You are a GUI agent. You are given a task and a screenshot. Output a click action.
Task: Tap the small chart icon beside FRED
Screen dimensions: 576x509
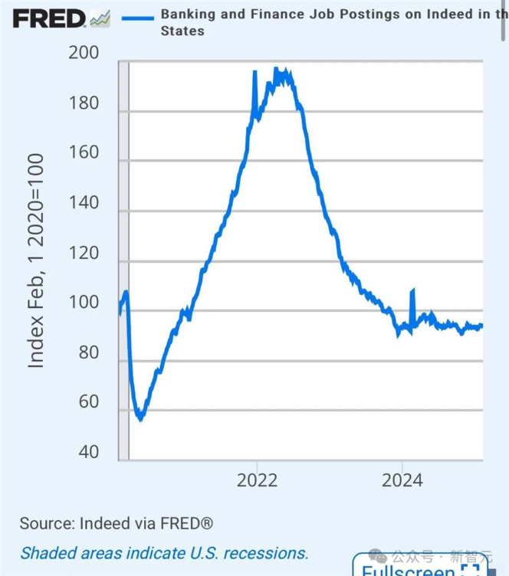coord(100,18)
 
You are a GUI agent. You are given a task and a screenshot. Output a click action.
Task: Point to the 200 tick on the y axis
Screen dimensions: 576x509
coord(84,53)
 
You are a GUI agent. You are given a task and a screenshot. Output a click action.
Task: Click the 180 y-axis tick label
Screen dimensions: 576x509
coord(84,103)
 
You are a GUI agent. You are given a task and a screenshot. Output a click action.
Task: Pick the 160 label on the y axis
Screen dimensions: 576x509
coord(84,152)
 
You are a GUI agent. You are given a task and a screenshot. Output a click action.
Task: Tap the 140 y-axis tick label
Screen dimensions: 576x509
coord(84,203)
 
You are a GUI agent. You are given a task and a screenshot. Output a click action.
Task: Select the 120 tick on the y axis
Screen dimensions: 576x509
coord(84,253)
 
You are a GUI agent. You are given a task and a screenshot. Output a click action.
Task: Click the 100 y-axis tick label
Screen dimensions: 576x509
coord(84,303)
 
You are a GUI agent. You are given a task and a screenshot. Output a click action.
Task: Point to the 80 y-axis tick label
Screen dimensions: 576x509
coord(89,352)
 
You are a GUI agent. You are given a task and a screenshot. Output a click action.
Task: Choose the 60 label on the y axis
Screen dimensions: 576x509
coord(89,402)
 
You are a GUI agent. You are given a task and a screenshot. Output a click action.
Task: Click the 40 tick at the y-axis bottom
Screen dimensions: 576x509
coord(89,452)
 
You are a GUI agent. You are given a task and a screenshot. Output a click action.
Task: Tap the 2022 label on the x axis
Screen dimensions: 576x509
coord(258,480)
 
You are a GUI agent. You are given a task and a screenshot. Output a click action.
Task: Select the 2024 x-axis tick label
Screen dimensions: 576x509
coord(402,480)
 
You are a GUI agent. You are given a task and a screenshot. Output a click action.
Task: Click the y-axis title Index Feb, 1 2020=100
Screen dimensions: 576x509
coord(36,260)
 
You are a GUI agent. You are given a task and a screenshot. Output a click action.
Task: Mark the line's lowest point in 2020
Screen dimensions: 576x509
coord(140,418)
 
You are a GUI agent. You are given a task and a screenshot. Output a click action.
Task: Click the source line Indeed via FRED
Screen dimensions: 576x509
coord(117,524)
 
